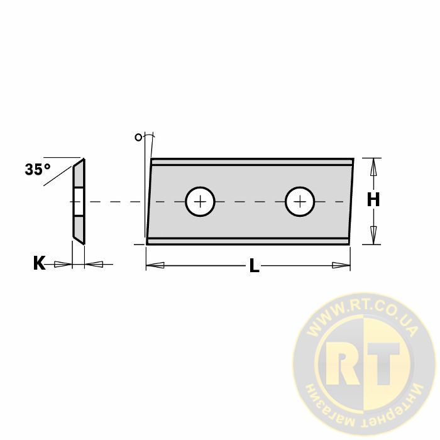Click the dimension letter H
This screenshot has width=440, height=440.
click(x=373, y=200)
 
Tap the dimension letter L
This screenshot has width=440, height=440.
click(x=254, y=265)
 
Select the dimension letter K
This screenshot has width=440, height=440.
click(x=39, y=263)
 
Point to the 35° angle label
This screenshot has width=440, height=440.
click(x=38, y=169)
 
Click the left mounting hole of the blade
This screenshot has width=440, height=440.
click(x=200, y=202)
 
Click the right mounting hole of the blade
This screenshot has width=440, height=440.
click(x=300, y=202)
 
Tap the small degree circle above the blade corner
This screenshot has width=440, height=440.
click(x=138, y=137)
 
